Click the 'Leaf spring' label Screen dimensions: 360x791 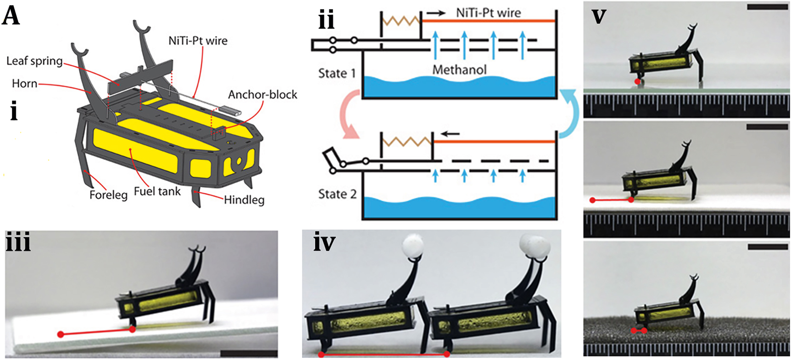[x=34, y=61]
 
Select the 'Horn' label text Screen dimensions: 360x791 [x=24, y=83]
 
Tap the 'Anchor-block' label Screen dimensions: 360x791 [x=262, y=94]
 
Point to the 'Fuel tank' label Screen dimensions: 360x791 [x=157, y=191]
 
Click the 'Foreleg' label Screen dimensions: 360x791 [x=108, y=195]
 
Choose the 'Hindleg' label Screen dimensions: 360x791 [x=244, y=199]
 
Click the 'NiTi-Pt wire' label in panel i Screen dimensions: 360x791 [x=198, y=41]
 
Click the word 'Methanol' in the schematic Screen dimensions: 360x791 [x=459, y=70]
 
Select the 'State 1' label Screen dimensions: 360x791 [x=337, y=73]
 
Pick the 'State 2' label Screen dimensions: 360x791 [x=337, y=194]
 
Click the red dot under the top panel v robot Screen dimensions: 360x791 [x=637, y=82]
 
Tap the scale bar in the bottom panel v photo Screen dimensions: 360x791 [x=768, y=247]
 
